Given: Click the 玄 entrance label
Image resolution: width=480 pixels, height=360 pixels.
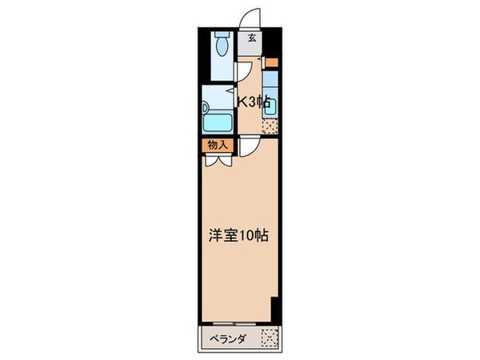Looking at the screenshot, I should click(251, 38).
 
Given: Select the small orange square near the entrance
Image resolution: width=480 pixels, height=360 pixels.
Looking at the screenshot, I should click(271, 62).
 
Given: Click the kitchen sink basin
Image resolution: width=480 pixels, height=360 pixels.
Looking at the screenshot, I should click(271, 82).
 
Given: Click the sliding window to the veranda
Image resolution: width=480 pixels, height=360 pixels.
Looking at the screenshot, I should click(236, 322).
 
